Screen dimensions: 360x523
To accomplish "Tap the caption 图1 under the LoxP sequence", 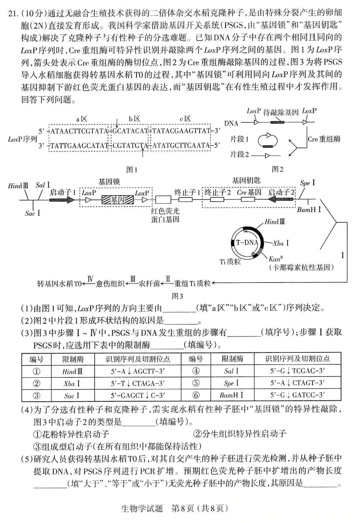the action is tap(132, 170).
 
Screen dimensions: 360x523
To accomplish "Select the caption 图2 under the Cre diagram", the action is tap(277, 169).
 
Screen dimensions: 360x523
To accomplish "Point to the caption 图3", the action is tap(177, 296).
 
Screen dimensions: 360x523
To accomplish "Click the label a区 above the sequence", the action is tap(82, 119).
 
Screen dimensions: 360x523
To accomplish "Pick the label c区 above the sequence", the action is tap(185, 119).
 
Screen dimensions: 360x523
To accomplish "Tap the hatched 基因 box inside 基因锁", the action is tap(117, 200).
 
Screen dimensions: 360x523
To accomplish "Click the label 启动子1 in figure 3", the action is tap(63, 192).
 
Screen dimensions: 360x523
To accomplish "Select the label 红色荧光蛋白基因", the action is tap(165, 215).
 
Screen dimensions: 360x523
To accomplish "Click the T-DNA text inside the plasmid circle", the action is tap(247, 242).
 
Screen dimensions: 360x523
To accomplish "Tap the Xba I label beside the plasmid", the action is tap(281, 243).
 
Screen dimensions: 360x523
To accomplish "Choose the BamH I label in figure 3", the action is tap(309, 210).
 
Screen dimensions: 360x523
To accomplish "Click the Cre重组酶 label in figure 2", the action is tap(324, 139).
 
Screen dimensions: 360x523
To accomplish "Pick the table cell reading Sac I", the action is tap(72, 395).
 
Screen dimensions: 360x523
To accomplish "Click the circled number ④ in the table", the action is tap(196, 371).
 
